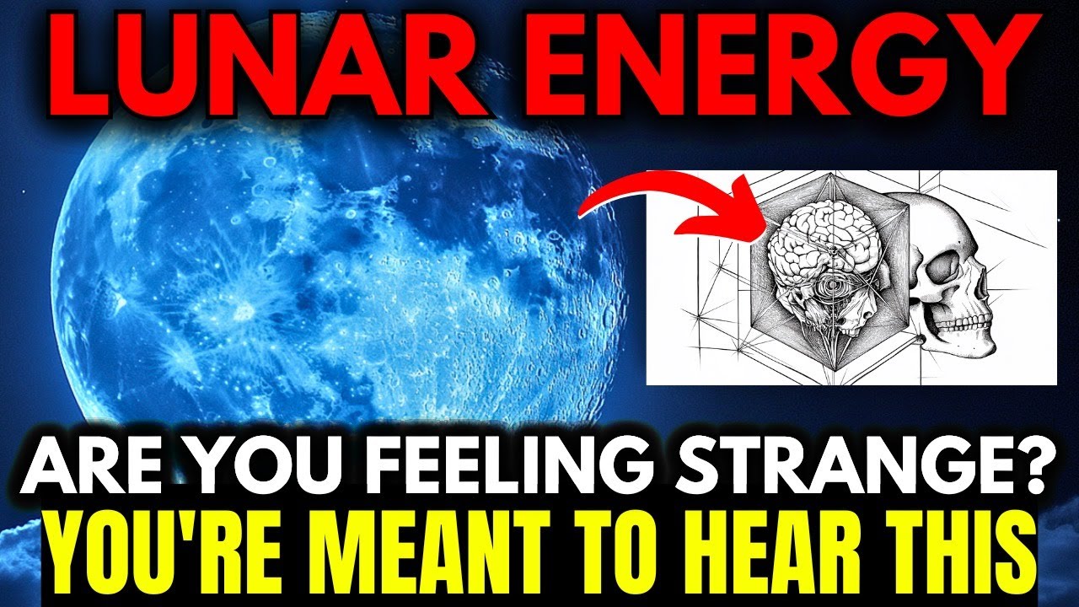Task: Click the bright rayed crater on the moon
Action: (244, 313)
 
